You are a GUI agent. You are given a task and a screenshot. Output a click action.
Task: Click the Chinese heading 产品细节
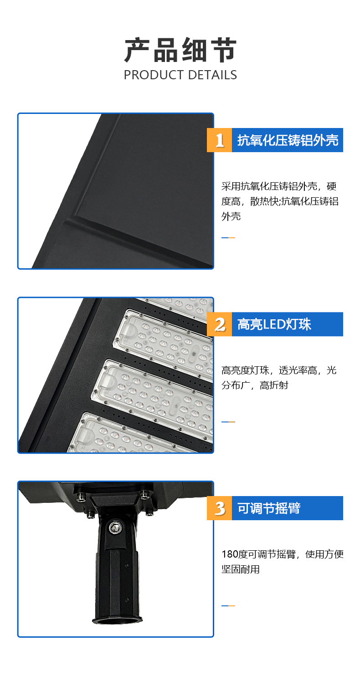(180, 50)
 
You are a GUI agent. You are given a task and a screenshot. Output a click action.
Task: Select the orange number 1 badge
(219, 140)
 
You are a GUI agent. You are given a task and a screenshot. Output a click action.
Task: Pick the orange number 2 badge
(219, 324)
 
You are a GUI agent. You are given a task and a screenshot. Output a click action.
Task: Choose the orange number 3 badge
(219, 508)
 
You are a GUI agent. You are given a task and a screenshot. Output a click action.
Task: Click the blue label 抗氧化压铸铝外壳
(288, 140)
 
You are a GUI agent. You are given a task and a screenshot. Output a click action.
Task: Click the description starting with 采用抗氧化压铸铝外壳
(280, 201)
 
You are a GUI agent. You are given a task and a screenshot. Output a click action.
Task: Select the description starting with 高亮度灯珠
(279, 378)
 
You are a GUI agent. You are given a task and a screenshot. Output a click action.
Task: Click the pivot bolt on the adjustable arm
(115, 527)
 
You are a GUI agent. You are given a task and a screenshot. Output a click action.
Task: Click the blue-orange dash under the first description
(228, 238)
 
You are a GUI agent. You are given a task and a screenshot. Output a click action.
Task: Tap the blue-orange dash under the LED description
(228, 422)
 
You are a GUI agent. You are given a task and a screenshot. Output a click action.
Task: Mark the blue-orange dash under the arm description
(228, 606)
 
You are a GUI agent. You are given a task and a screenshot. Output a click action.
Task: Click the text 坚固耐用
(241, 569)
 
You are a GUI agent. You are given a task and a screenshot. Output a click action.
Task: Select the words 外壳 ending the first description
(231, 216)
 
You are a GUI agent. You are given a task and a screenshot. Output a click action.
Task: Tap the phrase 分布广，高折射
(255, 385)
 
